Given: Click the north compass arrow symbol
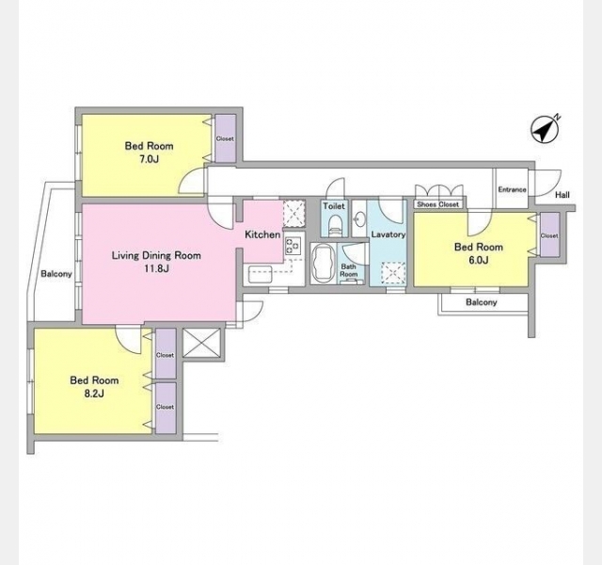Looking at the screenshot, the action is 545,130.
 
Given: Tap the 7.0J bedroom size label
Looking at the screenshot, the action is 149,159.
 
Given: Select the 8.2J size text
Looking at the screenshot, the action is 94,394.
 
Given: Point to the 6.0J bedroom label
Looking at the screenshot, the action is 479,260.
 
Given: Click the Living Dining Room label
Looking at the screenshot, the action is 156,255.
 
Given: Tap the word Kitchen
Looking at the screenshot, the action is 262,234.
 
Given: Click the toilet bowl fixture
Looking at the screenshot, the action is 335,226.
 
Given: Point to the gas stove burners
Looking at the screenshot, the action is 293,246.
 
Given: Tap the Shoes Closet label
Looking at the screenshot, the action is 438,204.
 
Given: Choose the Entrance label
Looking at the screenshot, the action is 512,189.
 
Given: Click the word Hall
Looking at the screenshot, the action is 562,195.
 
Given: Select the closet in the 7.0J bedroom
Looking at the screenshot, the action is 225,138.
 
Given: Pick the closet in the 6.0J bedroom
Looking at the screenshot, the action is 549,234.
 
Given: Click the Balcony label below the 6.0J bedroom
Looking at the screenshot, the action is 482,302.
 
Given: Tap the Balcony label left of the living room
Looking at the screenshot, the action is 56,274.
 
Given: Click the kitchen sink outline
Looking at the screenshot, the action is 261,275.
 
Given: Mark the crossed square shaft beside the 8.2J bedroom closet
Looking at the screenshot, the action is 201,343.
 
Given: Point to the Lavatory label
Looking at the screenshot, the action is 388,234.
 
